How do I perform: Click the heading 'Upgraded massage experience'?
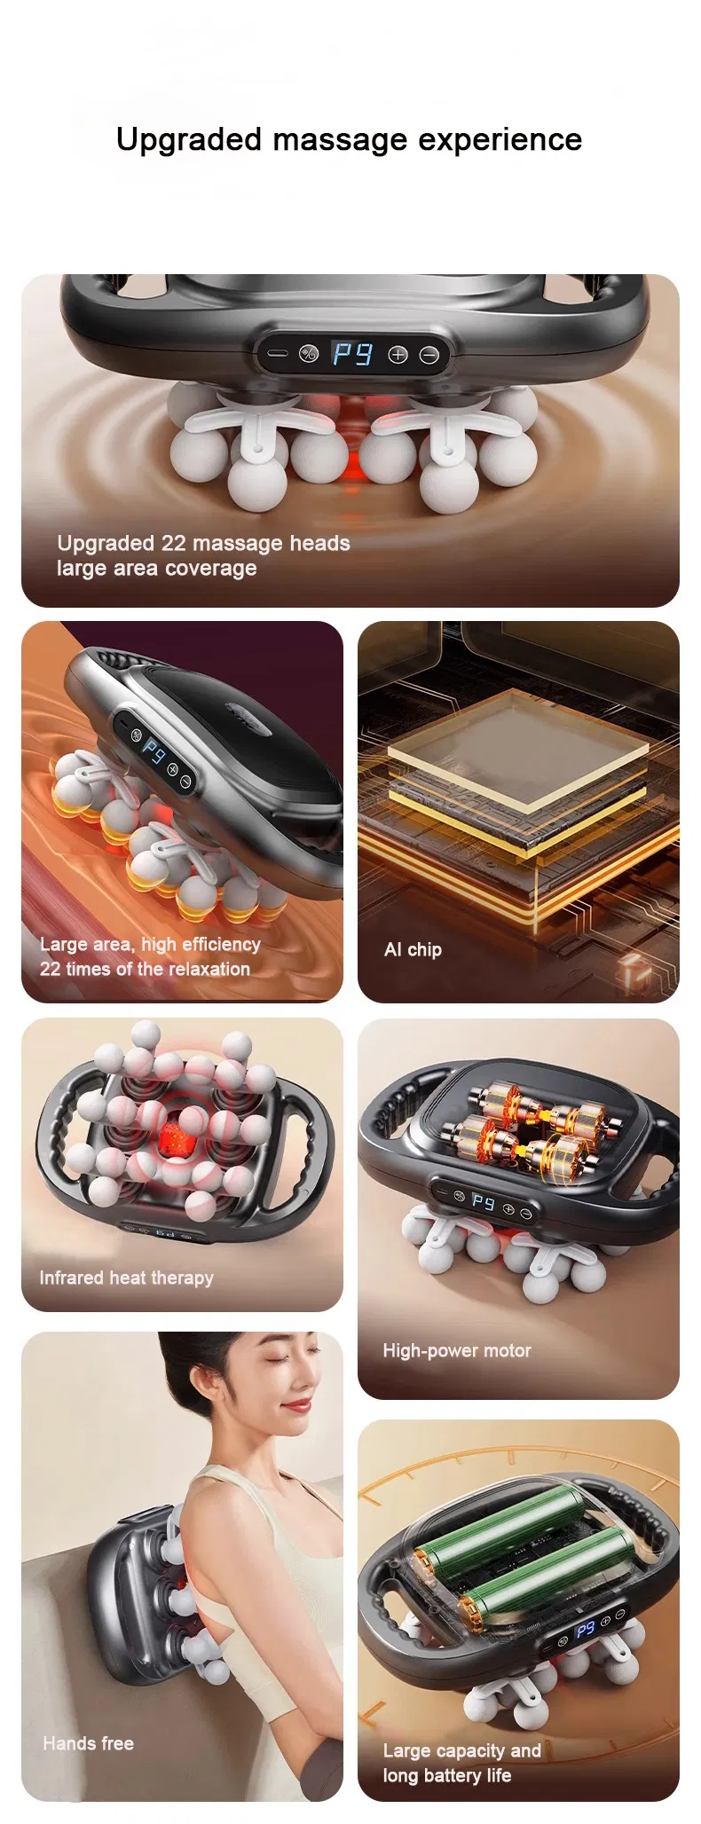click(x=349, y=140)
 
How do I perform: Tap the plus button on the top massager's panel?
click(x=398, y=355)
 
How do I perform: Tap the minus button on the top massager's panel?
click(x=429, y=355)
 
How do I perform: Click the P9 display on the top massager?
click(x=352, y=355)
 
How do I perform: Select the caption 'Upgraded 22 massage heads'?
click(x=203, y=543)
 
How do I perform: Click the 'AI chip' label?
click(x=413, y=949)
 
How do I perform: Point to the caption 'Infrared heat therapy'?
click(x=126, y=1278)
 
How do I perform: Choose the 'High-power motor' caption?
click(x=457, y=1350)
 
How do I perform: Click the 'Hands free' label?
click(x=88, y=1743)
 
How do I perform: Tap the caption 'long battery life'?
click(x=447, y=1775)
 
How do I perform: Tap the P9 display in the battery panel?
click(x=585, y=1630)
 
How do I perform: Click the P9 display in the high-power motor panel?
click(x=484, y=1201)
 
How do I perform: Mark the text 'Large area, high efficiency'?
click(x=150, y=944)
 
